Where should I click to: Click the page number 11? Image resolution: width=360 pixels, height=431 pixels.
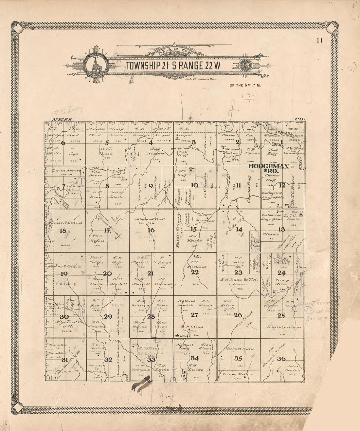320,41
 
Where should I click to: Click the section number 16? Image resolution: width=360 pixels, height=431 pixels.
151,230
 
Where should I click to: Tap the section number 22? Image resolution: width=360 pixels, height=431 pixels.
195,272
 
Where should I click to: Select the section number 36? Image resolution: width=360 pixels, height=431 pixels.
281,359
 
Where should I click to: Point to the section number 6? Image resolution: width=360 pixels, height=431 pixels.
63,143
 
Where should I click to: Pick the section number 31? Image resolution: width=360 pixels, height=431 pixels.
64,360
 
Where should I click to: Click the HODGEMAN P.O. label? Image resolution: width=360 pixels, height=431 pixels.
268,168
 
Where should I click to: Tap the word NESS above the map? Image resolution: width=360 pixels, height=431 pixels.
61,120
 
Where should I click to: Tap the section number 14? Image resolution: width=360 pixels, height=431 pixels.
239,229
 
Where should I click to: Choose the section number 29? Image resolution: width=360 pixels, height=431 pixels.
108,316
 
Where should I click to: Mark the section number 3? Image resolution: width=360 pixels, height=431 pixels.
193,142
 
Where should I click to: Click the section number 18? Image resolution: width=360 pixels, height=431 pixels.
63,231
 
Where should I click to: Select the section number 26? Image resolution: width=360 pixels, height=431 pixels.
238,315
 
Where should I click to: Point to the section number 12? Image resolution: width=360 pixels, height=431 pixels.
282,186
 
